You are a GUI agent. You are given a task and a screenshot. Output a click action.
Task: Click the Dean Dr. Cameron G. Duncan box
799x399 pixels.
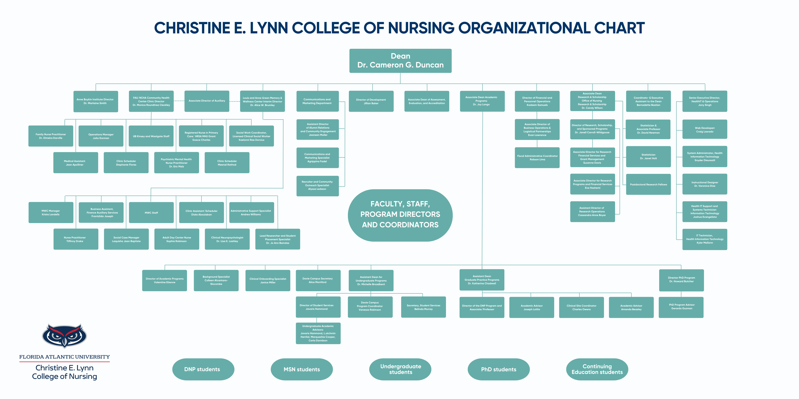click(400, 61)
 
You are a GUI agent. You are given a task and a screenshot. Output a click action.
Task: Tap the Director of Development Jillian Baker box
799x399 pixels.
click(371, 101)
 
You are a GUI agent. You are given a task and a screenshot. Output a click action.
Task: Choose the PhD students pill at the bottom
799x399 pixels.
click(498, 369)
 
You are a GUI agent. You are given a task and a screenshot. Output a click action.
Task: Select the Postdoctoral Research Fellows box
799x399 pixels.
click(648, 184)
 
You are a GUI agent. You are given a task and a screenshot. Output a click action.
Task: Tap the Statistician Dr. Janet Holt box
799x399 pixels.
click(648, 156)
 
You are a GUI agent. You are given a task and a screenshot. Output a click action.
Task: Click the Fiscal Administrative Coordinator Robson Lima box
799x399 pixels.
click(537, 158)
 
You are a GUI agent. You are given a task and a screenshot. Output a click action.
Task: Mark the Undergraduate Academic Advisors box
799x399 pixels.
click(318, 333)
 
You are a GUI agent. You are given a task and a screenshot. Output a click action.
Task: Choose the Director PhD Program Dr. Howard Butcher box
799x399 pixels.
click(681, 280)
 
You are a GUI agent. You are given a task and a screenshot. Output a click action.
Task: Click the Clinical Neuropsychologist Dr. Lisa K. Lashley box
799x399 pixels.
click(227, 239)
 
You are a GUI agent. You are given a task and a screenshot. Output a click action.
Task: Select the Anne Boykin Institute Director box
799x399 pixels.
click(96, 101)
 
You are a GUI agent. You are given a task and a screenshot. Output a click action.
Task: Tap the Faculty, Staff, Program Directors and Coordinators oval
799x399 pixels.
click(400, 215)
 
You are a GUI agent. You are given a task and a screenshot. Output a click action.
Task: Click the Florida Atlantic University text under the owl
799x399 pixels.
click(65, 357)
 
